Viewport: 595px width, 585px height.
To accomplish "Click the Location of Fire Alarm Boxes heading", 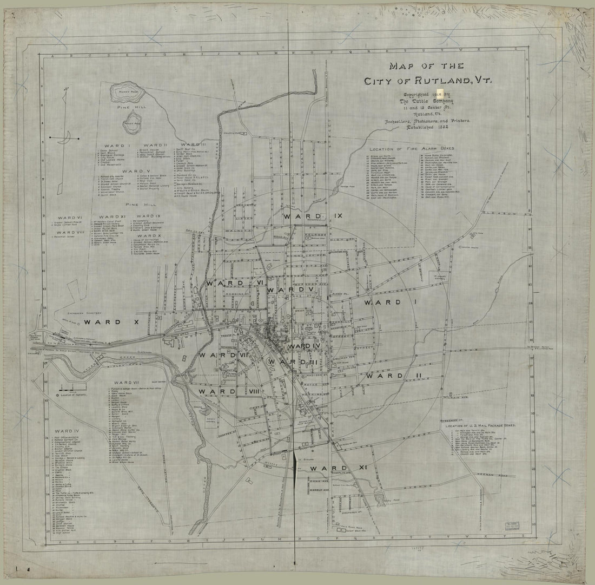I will (411, 148).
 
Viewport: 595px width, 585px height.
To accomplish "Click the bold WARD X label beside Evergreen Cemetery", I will (105, 321).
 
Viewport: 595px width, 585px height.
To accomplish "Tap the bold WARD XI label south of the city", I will (328, 468).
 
